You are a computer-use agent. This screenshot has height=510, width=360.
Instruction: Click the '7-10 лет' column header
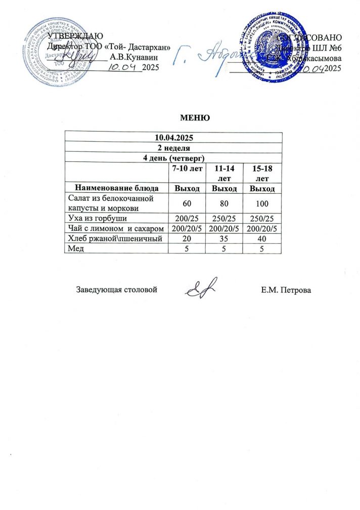point(186,167)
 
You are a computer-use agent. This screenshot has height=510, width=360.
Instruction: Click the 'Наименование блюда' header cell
point(116,189)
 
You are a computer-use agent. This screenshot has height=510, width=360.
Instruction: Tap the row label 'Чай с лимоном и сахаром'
point(116,229)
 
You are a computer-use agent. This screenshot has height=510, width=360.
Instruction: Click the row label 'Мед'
point(74,248)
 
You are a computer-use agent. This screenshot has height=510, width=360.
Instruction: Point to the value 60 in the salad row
point(186,203)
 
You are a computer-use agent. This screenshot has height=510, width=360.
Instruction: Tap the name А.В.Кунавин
point(137,57)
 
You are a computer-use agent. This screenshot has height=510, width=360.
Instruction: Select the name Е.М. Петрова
point(287,290)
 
